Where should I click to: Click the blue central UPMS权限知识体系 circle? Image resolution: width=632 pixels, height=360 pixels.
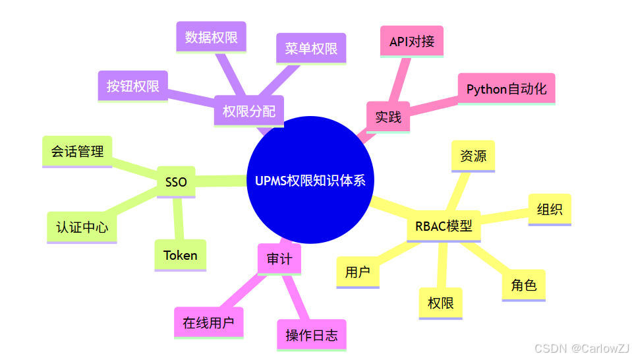click(310, 180)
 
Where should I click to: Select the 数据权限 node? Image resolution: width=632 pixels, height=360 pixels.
click(211, 37)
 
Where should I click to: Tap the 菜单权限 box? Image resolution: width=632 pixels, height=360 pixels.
click(311, 48)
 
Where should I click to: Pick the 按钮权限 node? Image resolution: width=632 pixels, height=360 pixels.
click(133, 86)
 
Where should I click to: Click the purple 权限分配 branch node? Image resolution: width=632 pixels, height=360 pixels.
click(249, 111)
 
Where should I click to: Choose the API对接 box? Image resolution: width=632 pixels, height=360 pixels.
click(412, 42)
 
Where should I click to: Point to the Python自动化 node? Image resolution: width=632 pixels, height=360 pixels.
click(506, 88)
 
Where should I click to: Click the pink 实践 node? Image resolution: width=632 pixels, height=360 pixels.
click(388, 117)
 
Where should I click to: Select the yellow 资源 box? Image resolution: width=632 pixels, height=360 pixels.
click(473, 156)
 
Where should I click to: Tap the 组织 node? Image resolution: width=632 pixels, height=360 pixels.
click(550, 210)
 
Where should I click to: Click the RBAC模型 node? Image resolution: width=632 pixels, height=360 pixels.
click(444, 226)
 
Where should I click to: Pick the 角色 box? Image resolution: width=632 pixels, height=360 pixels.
click(523, 285)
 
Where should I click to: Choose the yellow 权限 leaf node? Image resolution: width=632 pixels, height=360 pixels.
click(441, 303)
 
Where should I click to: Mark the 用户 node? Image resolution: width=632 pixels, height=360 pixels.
click(358, 271)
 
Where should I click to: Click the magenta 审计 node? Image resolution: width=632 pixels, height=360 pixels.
click(279, 258)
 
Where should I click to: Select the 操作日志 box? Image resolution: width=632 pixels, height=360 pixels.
click(311, 335)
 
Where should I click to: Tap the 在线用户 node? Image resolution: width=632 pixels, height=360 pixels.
click(209, 322)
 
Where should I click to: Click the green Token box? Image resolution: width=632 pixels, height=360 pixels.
click(180, 255)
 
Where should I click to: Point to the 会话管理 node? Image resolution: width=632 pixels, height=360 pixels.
click(77, 151)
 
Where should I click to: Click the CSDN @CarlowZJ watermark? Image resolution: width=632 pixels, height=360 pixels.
click(581, 348)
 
